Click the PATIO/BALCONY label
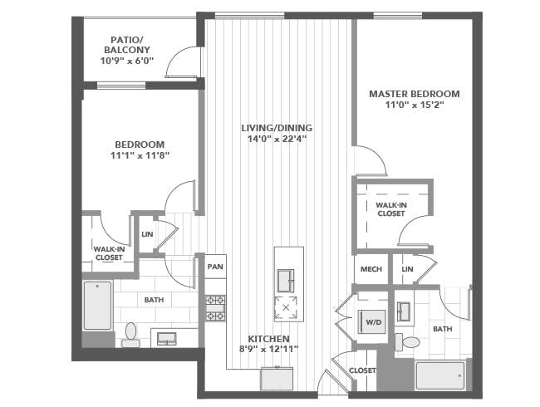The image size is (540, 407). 127,44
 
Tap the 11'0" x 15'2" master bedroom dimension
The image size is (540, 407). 414,105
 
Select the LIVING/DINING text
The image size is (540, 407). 277,128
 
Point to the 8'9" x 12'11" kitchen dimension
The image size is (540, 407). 268,349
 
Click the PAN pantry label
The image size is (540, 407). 215,267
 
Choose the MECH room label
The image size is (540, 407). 371,269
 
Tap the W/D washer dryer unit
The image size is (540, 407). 372,322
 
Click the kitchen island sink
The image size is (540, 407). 286,281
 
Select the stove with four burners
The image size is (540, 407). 216,308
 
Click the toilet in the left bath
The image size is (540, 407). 131,335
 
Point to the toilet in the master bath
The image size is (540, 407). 407,342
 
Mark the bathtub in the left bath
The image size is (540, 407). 98,306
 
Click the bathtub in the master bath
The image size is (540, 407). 440,375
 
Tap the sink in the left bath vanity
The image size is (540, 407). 167,339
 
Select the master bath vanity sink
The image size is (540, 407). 403,311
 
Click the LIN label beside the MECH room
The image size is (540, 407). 407,269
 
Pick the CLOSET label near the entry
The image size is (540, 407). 362,370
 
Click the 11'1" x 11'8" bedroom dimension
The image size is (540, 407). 140,155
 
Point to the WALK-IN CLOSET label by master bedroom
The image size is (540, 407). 391,209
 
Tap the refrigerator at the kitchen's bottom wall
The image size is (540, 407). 277,379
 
